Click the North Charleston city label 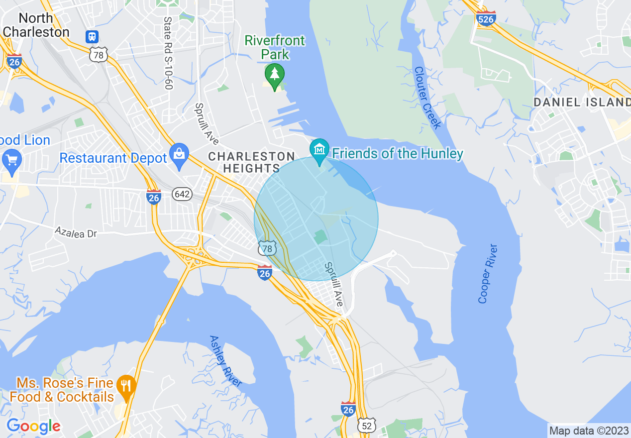36,25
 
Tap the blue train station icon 92,36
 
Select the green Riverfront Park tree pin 274,75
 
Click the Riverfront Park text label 275,47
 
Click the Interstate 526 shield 486,18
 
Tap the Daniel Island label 582,103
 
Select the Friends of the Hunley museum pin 319,150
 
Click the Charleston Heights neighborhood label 251,162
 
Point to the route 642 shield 182,194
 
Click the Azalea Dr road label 76,232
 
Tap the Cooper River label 487,273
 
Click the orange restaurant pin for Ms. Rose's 126,387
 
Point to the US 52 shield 366,426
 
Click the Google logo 33,426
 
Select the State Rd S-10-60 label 168,53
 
